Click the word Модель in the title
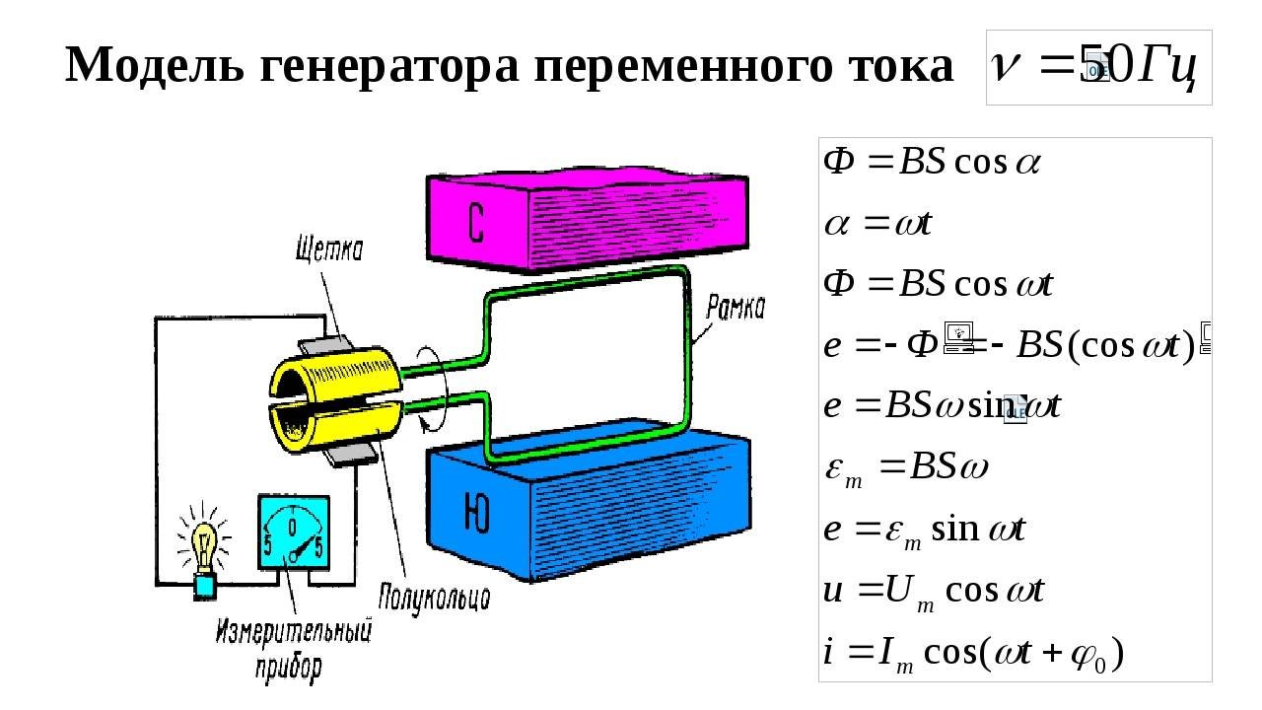pyautogui.click(x=141, y=66)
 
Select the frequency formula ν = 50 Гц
pyautogui.click(x=1098, y=67)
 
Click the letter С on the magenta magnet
pyautogui.click(x=476, y=226)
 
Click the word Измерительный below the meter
pyautogui.click(x=295, y=631)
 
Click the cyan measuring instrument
pyautogui.click(x=293, y=532)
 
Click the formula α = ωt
pyautogui.click(x=878, y=224)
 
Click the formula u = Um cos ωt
pyautogui.click(x=933, y=591)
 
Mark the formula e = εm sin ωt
pyautogui.click(x=924, y=530)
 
